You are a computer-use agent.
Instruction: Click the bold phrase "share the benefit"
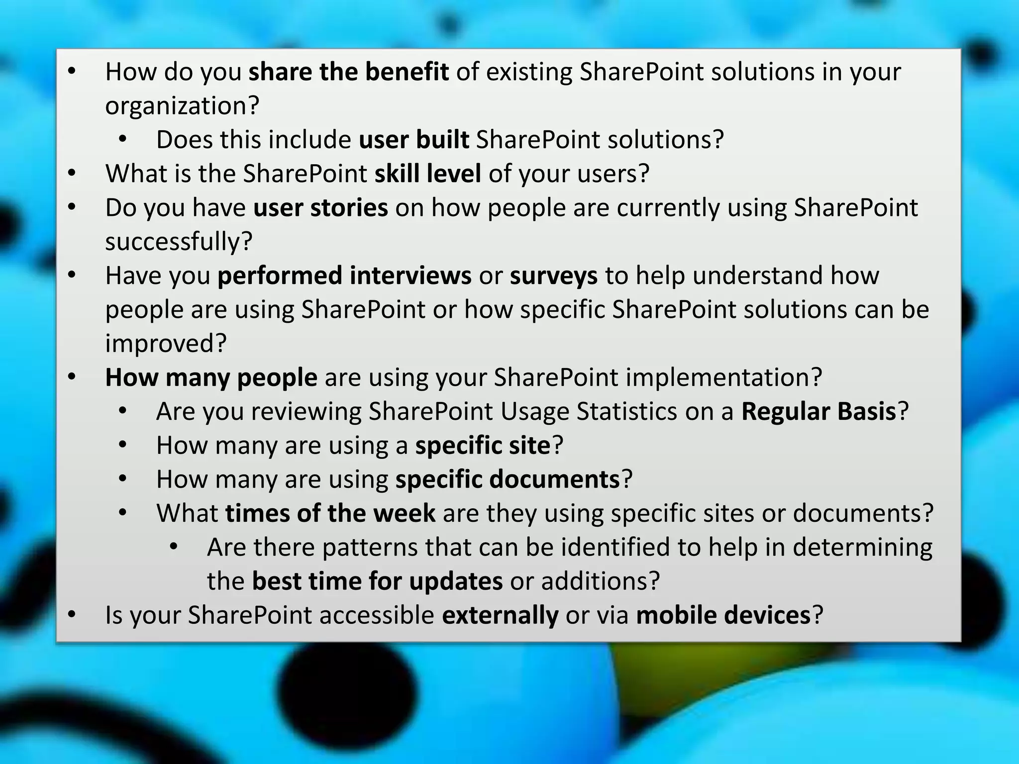pyautogui.click(x=348, y=72)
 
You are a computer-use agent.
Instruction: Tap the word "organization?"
pyautogui.click(x=182, y=106)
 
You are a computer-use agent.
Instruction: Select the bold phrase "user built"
pyautogui.click(x=413, y=140)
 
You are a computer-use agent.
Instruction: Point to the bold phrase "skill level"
pyautogui.click(x=427, y=174)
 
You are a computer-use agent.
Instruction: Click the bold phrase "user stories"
pyautogui.click(x=320, y=208)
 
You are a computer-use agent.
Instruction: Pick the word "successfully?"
pyautogui.click(x=179, y=242)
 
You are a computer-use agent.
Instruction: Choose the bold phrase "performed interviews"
pyautogui.click(x=344, y=276)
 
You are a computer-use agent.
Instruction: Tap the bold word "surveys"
pyautogui.click(x=553, y=276)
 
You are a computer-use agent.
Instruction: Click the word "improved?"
pyautogui.click(x=166, y=343)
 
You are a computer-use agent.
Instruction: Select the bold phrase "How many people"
pyautogui.click(x=211, y=378)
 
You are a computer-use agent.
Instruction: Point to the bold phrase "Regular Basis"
pyautogui.click(x=818, y=411)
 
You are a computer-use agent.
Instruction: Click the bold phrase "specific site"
pyautogui.click(x=483, y=445)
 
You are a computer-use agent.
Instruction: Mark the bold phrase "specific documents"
pyautogui.click(x=508, y=479)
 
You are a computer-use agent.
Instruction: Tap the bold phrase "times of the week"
pyautogui.click(x=330, y=513)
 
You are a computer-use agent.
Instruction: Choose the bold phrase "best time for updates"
pyautogui.click(x=377, y=581)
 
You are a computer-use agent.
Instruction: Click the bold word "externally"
pyautogui.click(x=500, y=615)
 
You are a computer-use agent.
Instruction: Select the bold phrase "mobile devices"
pyautogui.click(x=723, y=615)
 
